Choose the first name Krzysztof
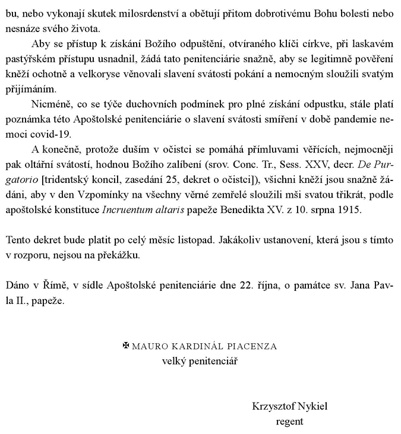click(274, 407)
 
